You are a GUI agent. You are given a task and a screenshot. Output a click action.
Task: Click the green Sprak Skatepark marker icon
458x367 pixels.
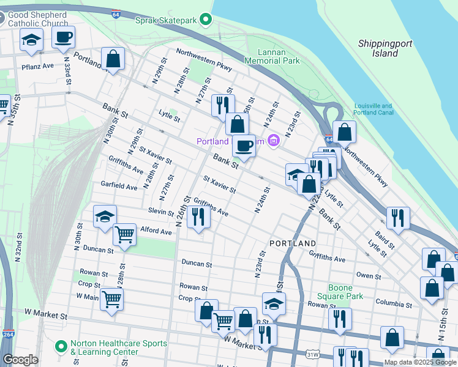206,20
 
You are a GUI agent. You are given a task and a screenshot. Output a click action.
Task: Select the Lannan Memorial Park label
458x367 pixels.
272,56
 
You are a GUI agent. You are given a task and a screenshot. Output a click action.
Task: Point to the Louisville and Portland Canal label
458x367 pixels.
372,109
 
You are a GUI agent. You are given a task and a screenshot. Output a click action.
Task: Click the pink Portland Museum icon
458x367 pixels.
273,142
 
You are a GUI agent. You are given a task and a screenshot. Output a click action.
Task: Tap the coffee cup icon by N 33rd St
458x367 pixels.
63,37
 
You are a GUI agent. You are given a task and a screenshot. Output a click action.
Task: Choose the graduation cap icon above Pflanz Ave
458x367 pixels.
31,40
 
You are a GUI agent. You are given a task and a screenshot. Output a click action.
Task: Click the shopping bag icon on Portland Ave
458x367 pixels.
113,59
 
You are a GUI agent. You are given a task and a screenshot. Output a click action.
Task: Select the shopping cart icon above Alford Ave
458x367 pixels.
125,233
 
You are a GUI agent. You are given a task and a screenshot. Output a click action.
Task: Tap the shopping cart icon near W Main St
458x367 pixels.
111,300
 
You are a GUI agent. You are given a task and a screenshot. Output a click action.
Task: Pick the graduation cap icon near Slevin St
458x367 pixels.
105,216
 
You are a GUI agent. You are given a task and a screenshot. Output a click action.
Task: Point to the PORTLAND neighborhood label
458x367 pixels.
293,243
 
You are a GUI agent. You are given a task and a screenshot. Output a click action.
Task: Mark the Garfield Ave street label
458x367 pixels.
119,186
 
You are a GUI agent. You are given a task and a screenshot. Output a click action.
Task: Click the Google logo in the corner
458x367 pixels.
20,360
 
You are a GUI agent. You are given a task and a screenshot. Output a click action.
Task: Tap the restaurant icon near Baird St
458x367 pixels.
398,218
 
